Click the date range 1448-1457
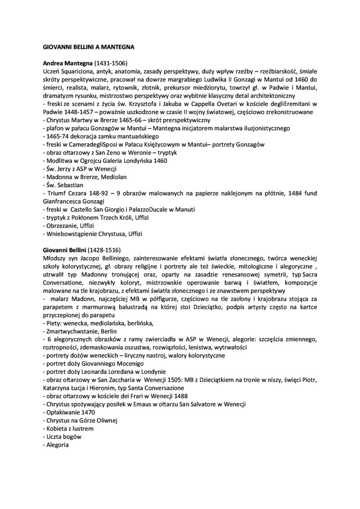78,112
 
